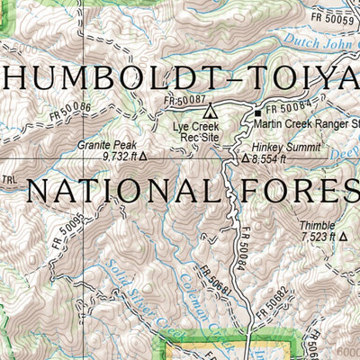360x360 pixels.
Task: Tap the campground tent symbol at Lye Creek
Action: tap(211, 112)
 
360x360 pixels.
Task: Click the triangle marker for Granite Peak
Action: tap(142, 156)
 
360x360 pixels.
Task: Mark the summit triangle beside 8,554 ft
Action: tap(245, 158)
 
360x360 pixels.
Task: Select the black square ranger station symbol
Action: tap(257, 112)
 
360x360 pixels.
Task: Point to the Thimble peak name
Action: tap(315, 225)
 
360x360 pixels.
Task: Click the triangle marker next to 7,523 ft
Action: tap(344, 238)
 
